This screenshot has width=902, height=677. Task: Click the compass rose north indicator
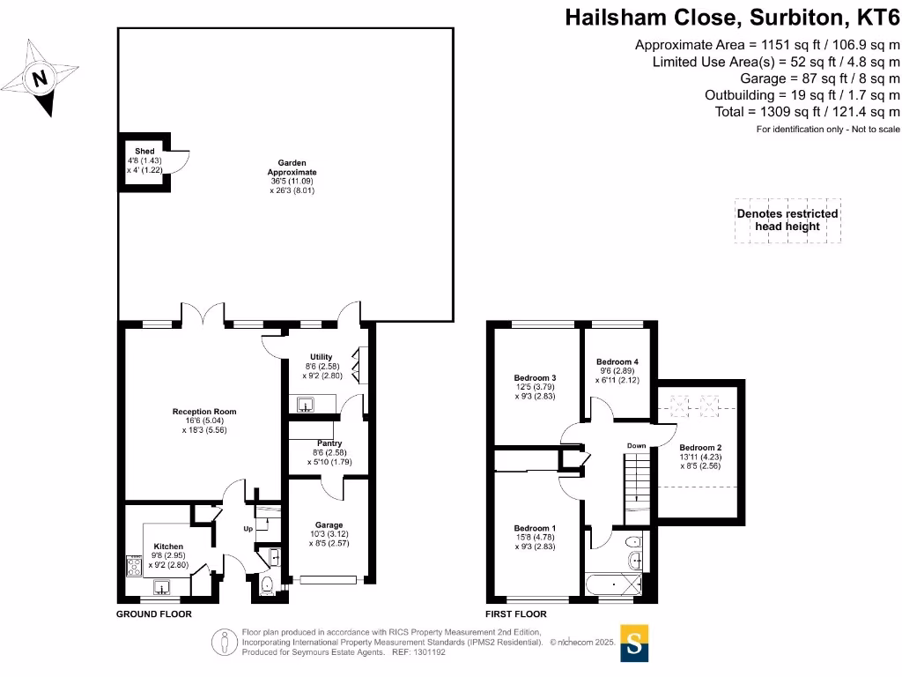38,78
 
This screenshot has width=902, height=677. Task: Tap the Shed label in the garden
144,152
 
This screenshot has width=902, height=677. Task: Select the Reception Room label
204,412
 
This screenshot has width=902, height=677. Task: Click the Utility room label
321,357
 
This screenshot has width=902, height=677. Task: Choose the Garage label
329,524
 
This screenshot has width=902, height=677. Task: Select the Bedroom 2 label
700,447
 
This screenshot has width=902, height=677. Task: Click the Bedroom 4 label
617,361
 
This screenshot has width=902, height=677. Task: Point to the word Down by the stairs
636,446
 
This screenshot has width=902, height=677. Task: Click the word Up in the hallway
248,529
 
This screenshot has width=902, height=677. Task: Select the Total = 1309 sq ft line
808,112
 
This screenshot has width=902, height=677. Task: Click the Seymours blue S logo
633,644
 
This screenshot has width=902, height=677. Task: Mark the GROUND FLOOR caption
154,614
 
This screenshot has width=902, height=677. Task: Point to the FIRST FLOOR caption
515,614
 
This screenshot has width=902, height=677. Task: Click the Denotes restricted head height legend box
787,220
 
